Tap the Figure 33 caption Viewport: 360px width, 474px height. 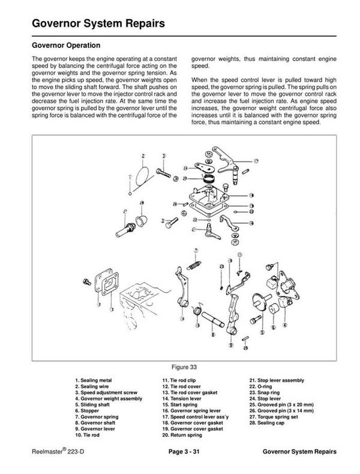pyautogui.click(x=180, y=365)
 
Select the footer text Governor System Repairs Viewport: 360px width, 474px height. pyautogui.click(x=299, y=451)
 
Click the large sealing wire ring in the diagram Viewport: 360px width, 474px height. pyautogui.click(x=142, y=175)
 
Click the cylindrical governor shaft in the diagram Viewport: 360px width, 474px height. pyautogui.click(x=215, y=318)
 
